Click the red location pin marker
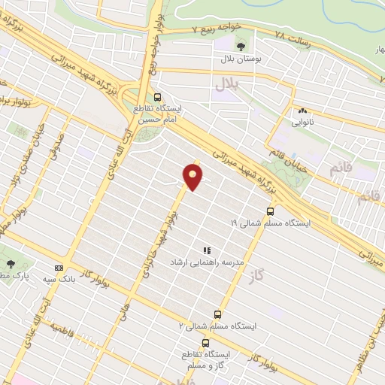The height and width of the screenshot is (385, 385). pos(193,177)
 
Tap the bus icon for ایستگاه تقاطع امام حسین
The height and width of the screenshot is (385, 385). pos(157,97)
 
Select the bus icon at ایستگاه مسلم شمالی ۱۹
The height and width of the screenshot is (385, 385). pos(269,211)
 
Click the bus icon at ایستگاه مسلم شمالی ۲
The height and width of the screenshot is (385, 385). pos(218,314)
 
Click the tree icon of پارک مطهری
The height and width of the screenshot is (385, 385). pos(11,263)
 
